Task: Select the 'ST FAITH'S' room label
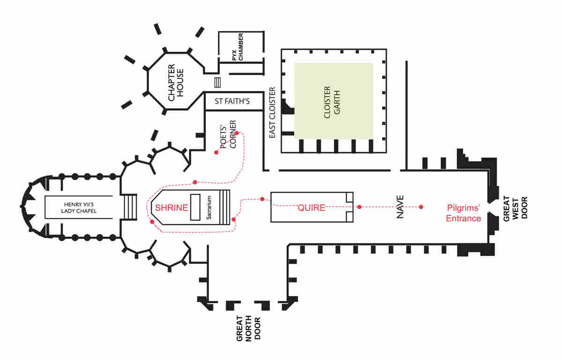pyautogui.click(x=232, y=101)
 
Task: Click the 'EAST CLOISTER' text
pyautogui.click(x=273, y=112)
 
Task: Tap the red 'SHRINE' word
pyautogui.click(x=171, y=208)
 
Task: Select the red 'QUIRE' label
pyautogui.click(x=311, y=207)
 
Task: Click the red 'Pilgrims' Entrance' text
pyautogui.click(x=464, y=213)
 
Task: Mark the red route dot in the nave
pyautogui.click(x=421, y=207)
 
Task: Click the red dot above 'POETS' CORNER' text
pyautogui.click(x=237, y=133)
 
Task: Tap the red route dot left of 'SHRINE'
pyautogui.click(x=152, y=221)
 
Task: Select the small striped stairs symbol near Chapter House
pyautogui.click(x=217, y=83)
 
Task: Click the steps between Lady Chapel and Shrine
pyautogui.click(x=130, y=207)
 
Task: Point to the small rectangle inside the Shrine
pyautogui.click(x=195, y=207)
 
